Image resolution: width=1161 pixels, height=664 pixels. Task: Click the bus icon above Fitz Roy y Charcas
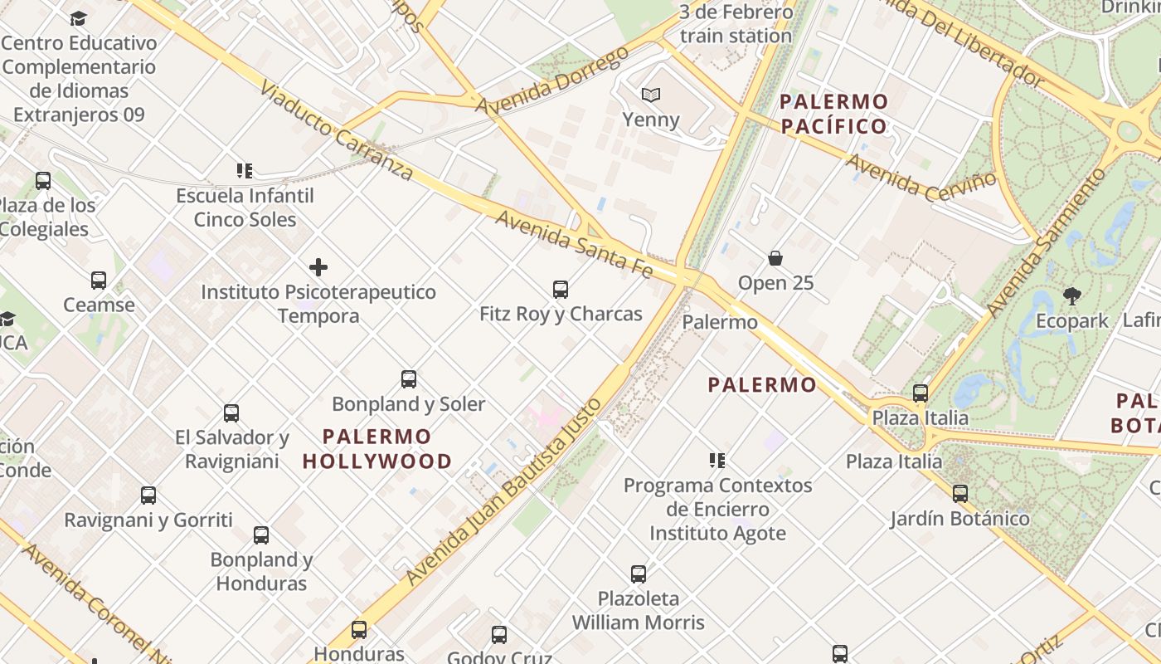click(561, 290)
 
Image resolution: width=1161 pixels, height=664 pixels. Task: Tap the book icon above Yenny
click(652, 95)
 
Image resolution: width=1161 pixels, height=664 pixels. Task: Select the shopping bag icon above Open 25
click(775, 258)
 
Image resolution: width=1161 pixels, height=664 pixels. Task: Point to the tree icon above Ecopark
click(1071, 295)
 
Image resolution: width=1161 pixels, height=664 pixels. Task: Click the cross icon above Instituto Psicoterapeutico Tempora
click(318, 267)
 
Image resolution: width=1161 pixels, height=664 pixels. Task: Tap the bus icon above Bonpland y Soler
click(409, 379)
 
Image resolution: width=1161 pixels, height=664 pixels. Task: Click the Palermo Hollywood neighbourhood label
click(377, 448)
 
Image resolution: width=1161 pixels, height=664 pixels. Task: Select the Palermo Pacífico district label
click(834, 115)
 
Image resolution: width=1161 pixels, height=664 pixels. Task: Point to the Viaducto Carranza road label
click(337, 130)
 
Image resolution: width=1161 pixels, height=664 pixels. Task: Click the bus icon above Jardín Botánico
click(960, 494)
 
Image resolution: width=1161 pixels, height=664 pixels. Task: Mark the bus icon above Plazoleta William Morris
click(639, 574)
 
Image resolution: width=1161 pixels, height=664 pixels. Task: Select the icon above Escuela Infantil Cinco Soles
click(245, 171)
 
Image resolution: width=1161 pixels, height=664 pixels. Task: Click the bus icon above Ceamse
click(99, 281)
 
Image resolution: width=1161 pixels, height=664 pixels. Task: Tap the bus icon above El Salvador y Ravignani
click(231, 413)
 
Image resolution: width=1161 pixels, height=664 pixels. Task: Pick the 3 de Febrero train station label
click(736, 24)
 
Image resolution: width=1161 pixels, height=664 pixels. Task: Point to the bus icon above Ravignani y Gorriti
click(148, 496)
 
